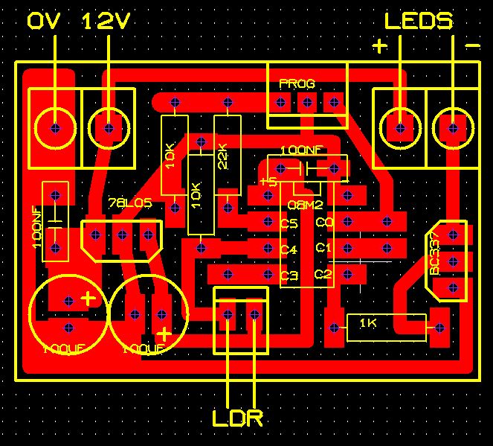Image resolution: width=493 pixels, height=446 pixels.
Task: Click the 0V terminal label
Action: pos(47,22)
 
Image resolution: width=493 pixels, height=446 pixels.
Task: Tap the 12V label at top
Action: pos(107,22)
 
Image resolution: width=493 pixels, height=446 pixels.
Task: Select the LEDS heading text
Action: pos(418,20)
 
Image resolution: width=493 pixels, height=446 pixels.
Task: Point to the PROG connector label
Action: pos(297,83)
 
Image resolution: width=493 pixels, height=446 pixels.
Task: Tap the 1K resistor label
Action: pos(368,323)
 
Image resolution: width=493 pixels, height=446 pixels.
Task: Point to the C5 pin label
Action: pos(289,223)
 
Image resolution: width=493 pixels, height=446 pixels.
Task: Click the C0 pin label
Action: pos(323,223)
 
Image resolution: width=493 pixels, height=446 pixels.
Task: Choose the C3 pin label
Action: pos(289,275)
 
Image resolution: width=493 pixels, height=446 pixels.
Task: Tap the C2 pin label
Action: pos(323,275)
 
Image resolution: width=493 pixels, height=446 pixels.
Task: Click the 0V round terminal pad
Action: pos(54,128)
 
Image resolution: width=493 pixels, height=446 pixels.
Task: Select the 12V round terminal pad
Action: pos(108,128)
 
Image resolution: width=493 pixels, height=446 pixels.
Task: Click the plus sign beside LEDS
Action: pos(380,46)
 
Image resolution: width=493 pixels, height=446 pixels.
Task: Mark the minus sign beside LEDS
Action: pos(472,46)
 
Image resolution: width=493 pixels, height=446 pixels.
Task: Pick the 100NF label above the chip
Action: pos(301,150)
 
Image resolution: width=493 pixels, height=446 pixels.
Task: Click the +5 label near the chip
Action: pos(268,182)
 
